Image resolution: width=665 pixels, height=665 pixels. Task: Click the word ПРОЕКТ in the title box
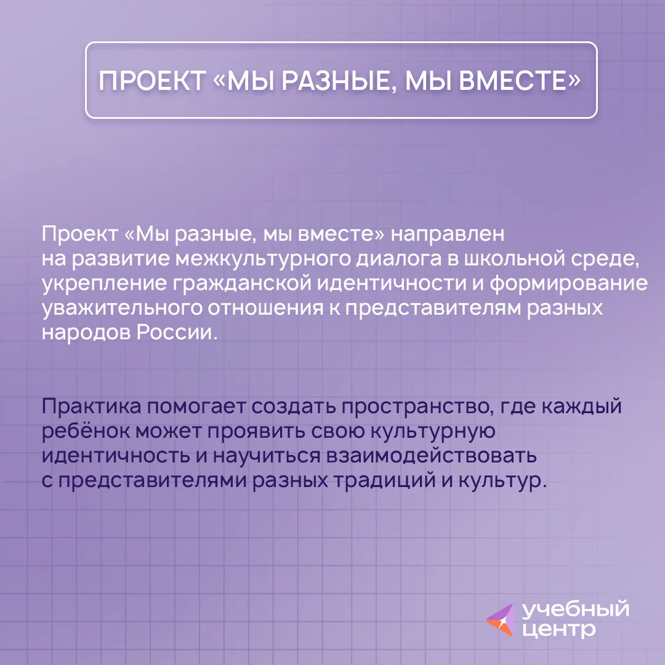[x=152, y=81]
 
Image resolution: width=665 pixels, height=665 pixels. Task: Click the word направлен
[x=448, y=235]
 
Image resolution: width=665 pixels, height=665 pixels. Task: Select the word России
[x=177, y=332]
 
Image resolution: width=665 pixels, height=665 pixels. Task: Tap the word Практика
[x=91, y=407]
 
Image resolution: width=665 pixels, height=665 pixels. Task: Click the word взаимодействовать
[x=431, y=456]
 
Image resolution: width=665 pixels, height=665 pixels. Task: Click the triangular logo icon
[x=501, y=620]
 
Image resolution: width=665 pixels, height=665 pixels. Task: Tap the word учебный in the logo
[x=576, y=610]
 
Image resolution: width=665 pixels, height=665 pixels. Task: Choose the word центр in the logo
[x=558, y=629]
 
